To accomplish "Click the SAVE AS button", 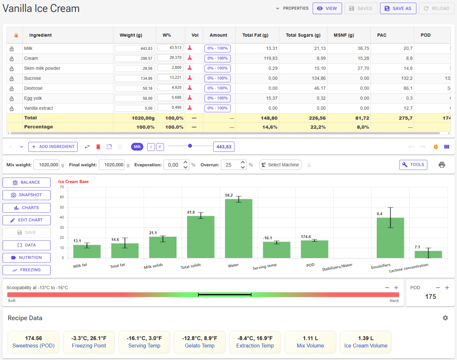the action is pos(398,8).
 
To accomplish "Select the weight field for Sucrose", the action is pos(134,78).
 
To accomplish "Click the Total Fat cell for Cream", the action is pos(257,58).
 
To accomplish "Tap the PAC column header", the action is pos(382,35).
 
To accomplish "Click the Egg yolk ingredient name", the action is pos(33,98).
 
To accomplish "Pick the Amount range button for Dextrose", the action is pos(217,88).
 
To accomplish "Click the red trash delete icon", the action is pos(98,147).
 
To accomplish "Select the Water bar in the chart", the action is pos(239,228).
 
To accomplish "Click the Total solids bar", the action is pos(201,237).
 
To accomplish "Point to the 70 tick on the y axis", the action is pos(62,187).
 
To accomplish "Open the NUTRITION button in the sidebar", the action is pos(27,258).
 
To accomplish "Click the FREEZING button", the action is pos(27,270).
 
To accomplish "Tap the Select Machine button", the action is pos(280,165).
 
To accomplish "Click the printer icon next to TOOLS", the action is pos(442,165).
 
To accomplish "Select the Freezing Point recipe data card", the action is pos(89,342).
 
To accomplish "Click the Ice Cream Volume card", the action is pos(366,342).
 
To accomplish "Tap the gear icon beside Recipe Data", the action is pos(445,318).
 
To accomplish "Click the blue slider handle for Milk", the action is pos(190,146).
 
